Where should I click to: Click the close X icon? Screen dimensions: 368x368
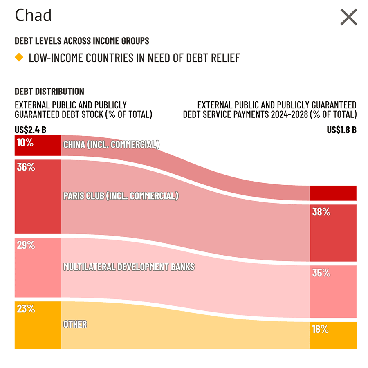pos(349,17)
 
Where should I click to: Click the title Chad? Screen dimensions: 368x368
pos(34,16)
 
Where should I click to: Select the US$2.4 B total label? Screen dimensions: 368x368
pos(30,130)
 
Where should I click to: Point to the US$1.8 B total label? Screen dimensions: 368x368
pos(341,130)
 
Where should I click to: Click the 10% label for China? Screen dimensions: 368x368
pos(25,143)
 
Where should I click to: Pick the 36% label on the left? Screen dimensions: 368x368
pos(26,167)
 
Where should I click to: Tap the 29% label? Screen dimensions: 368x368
pos(26,245)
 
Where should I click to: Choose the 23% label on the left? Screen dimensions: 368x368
pos(26,309)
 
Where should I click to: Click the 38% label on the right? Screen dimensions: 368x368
pos(321,212)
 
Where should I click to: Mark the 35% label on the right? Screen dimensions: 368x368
pos(321,273)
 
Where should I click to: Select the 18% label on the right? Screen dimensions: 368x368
pos(321,329)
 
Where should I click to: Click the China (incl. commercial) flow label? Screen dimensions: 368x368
pos(111,144)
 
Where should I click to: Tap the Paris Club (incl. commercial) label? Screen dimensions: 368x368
pos(121,196)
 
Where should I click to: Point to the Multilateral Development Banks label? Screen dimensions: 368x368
pos(129,267)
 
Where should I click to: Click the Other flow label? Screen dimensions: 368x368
pos(75,324)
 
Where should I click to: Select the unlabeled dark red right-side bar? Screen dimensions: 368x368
pos(333,193)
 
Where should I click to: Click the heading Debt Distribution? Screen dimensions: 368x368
pos(49,91)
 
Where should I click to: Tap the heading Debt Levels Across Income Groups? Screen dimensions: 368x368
pos(82,41)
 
